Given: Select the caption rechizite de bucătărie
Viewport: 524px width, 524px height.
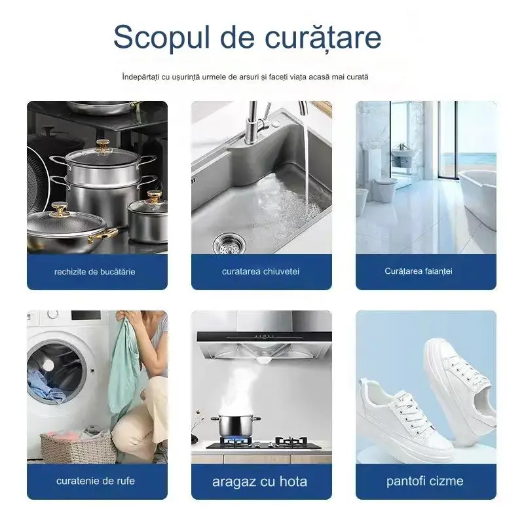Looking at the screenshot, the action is pos(94,272).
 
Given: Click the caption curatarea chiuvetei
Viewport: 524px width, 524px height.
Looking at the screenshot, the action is pos(261,271).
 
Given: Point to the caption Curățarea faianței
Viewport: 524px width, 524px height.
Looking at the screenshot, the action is pos(419,271).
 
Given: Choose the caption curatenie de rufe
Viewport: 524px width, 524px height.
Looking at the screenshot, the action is pos(96,481).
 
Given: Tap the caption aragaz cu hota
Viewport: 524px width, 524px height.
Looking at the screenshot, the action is pos(259,481).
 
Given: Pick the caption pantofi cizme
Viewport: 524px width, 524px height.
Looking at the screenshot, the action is pos(424,481).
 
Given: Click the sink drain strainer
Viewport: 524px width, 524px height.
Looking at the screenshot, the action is pos(229,244).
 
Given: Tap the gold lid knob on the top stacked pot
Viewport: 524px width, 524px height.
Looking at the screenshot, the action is pos(103,145).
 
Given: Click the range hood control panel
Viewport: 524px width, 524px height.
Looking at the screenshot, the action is pos(264,336).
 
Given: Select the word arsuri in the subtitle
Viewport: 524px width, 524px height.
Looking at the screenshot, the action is pos(249,77).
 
